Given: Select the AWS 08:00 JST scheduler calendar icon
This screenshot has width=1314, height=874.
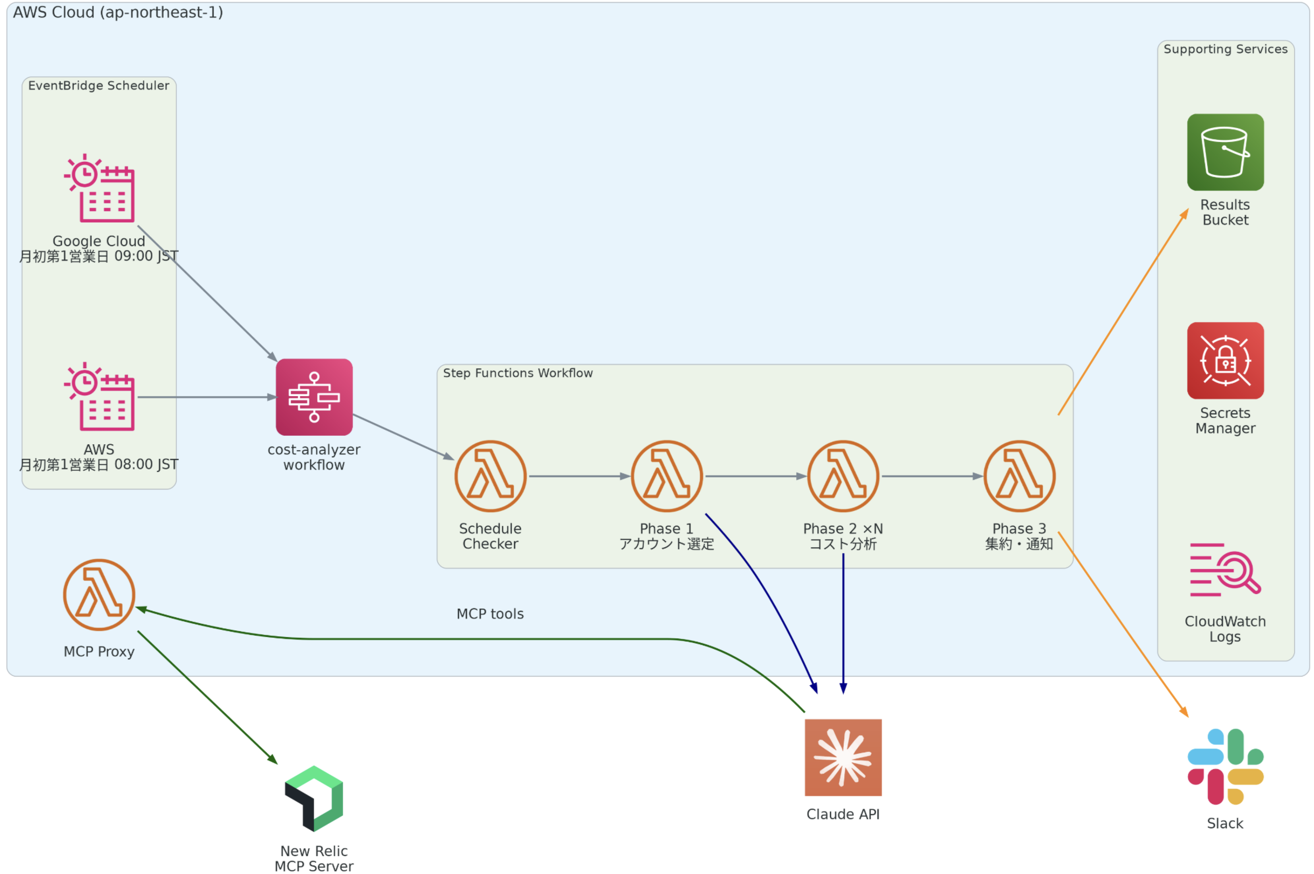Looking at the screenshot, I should pyautogui.click(x=99, y=396).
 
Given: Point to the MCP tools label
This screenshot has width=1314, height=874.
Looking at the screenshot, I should pyautogui.click(x=490, y=613).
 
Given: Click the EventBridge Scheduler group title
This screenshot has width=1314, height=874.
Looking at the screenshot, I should pyautogui.click(x=99, y=85).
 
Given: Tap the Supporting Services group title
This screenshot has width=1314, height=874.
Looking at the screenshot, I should pyautogui.click(x=1225, y=49).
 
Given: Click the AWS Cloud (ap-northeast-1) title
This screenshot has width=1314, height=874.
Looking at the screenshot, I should pyautogui.click(x=118, y=12).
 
